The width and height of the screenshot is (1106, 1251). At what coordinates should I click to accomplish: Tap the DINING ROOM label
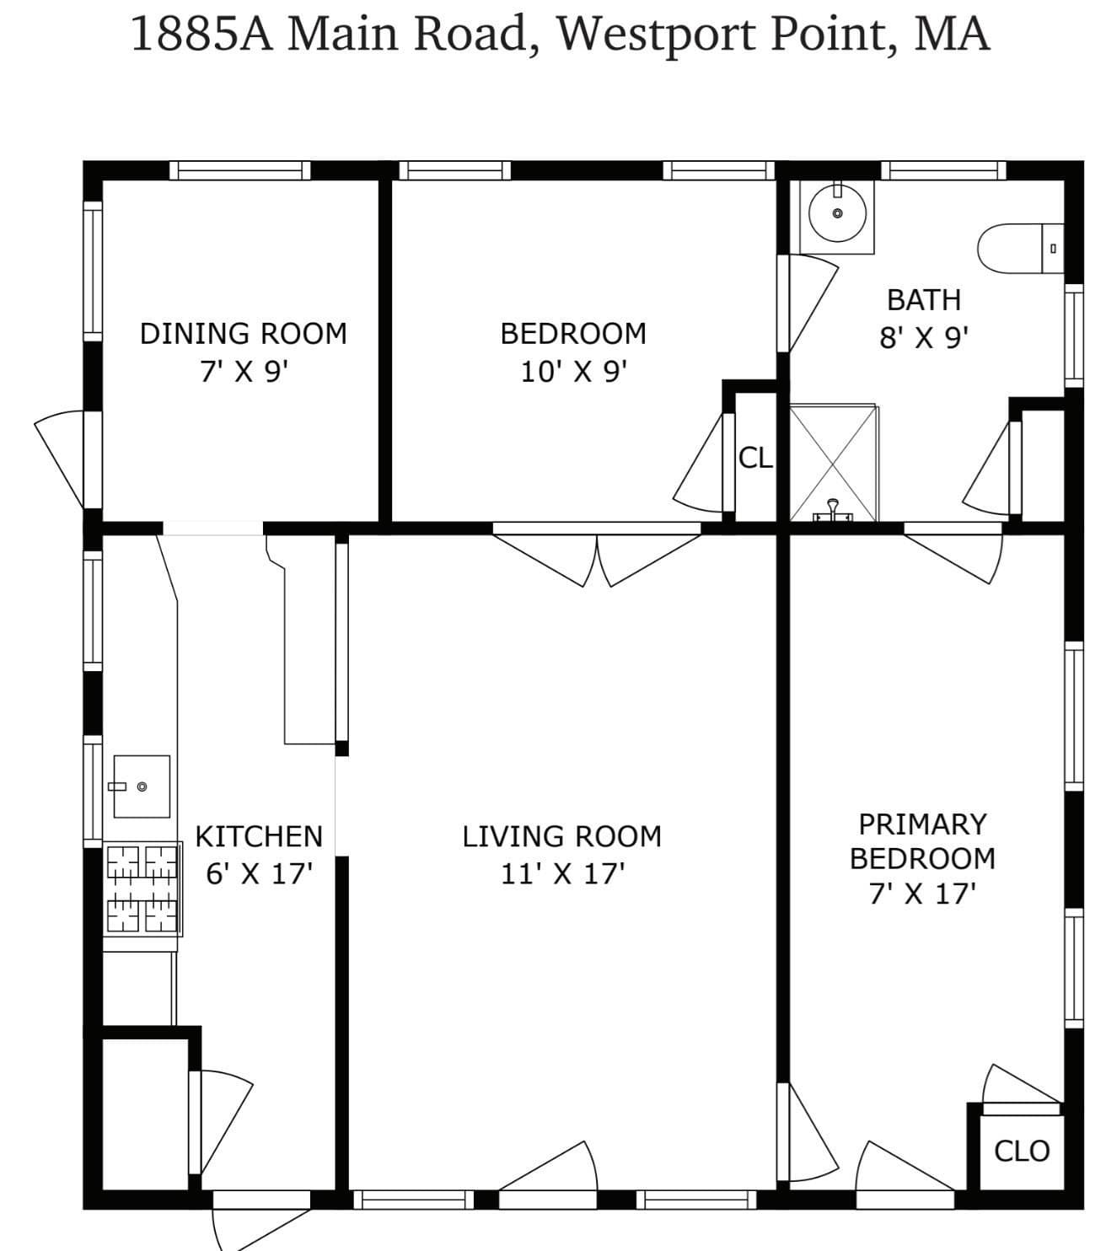click(x=244, y=334)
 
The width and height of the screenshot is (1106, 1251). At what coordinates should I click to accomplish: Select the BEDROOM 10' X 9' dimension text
click(x=574, y=372)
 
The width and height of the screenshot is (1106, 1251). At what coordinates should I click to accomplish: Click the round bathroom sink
click(x=837, y=213)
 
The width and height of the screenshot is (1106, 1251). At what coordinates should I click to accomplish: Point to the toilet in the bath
click(x=1019, y=249)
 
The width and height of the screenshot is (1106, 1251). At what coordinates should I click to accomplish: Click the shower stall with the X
click(x=833, y=463)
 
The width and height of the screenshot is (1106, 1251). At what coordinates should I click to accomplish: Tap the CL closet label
click(x=755, y=458)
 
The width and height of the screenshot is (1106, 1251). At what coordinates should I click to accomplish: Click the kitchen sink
click(x=142, y=786)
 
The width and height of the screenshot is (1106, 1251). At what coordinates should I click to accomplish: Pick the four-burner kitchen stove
click(x=142, y=889)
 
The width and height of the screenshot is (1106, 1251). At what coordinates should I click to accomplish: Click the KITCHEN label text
click(x=259, y=837)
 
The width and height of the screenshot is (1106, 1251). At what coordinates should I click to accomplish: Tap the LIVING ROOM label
click(x=562, y=837)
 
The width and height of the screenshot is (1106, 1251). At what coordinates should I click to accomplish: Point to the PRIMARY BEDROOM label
click(x=922, y=841)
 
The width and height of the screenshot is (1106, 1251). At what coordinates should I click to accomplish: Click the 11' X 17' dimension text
click(x=562, y=874)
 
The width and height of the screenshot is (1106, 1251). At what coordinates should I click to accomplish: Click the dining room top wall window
click(x=239, y=170)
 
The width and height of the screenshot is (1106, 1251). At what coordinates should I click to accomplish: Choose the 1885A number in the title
click(x=201, y=35)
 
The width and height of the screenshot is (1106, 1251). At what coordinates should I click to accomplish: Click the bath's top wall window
click(x=943, y=170)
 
